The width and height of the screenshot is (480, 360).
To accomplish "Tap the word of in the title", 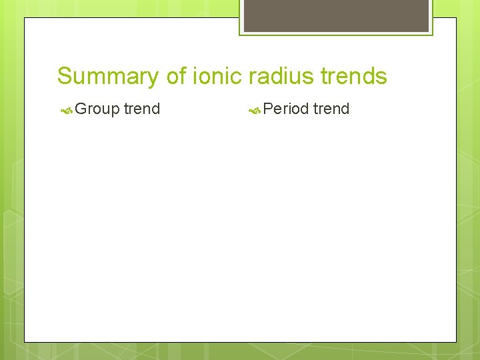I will click(x=177, y=77).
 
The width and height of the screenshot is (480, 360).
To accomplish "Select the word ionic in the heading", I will click(x=218, y=77).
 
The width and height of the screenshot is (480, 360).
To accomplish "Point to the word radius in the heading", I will click(x=282, y=77).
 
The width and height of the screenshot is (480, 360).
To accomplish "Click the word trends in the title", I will click(x=353, y=77).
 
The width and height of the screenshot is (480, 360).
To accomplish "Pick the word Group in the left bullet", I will click(x=97, y=109).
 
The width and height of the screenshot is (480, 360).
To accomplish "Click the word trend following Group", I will click(x=142, y=109).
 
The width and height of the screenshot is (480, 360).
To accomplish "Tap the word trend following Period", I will click(x=331, y=109).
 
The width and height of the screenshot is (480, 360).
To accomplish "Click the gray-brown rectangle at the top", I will click(x=336, y=15).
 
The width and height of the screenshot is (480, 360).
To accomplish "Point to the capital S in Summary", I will click(x=65, y=77).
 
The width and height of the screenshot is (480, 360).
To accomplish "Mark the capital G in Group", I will click(x=81, y=109).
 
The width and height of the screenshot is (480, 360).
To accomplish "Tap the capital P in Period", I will click(x=269, y=109).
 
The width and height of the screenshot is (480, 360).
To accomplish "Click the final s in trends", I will click(x=381, y=77).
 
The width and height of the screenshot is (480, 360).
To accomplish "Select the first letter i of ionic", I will click(x=195, y=76).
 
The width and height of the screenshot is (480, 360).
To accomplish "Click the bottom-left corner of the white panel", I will click(x=25, y=342).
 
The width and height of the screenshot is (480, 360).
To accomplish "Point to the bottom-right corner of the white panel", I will click(x=456, y=342).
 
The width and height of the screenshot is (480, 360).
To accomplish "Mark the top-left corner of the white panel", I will click(x=25, y=18).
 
